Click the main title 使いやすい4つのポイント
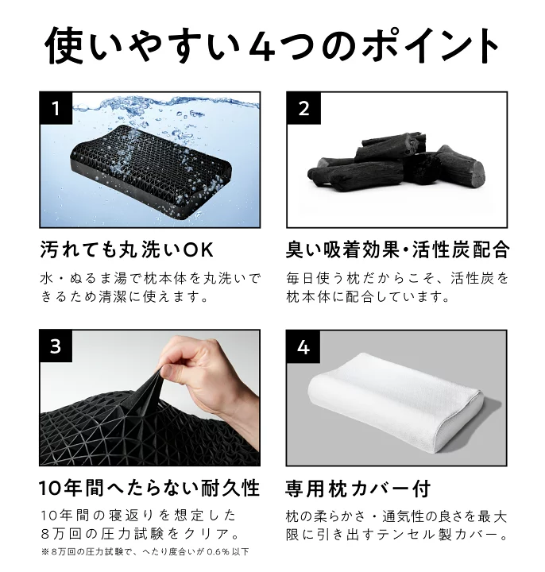pos(272,46)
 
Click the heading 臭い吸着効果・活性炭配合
pos(396,251)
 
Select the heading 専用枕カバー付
pos(358,486)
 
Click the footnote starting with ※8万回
pos(145,551)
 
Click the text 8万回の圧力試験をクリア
pos(138,532)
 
